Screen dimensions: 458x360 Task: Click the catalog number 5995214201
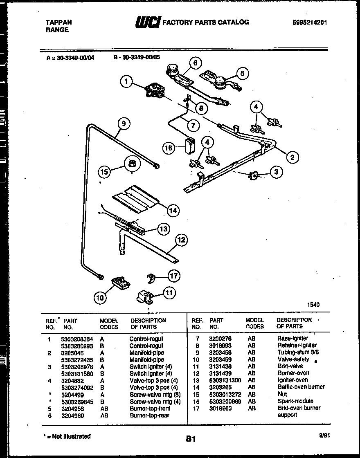tap(310, 23)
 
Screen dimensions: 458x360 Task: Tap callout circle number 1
tap(127, 82)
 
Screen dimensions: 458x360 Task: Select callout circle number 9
tap(124, 123)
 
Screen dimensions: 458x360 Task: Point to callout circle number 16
tap(169, 148)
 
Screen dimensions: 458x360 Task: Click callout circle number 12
tap(181, 240)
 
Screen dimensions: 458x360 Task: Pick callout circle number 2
tap(292, 157)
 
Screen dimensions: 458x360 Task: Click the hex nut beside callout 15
tap(134, 164)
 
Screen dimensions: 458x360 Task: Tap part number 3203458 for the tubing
tap(220, 352)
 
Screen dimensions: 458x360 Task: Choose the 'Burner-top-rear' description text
tap(149, 415)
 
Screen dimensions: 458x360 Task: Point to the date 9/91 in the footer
tap(324, 436)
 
